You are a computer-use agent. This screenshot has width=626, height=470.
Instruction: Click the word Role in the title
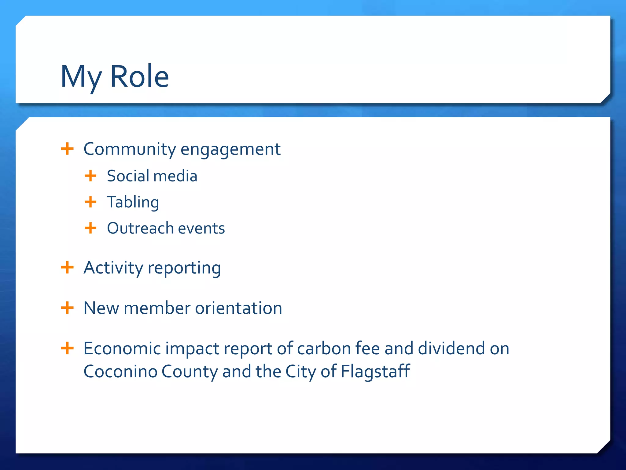click(x=139, y=76)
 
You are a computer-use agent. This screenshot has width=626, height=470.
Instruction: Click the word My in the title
click(x=81, y=77)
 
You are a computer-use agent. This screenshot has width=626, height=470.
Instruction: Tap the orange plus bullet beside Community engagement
click(x=67, y=149)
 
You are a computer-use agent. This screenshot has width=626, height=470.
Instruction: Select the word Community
click(x=130, y=149)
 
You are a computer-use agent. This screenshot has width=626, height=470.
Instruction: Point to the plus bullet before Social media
click(x=90, y=176)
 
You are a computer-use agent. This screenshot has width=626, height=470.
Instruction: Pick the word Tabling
click(x=133, y=202)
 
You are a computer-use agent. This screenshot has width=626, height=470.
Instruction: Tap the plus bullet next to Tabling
click(x=90, y=202)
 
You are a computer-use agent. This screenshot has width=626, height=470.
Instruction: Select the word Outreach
click(x=140, y=228)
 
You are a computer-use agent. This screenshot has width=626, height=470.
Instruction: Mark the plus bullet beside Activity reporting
click(x=67, y=267)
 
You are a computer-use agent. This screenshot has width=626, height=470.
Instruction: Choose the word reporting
click(x=184, y=268)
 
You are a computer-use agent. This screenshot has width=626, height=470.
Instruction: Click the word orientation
click(x=238, y=308)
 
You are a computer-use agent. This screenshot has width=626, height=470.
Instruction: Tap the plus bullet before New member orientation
click(x=67, y=308)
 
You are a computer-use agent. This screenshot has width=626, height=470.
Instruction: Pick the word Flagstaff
click(x=375, y=372)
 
